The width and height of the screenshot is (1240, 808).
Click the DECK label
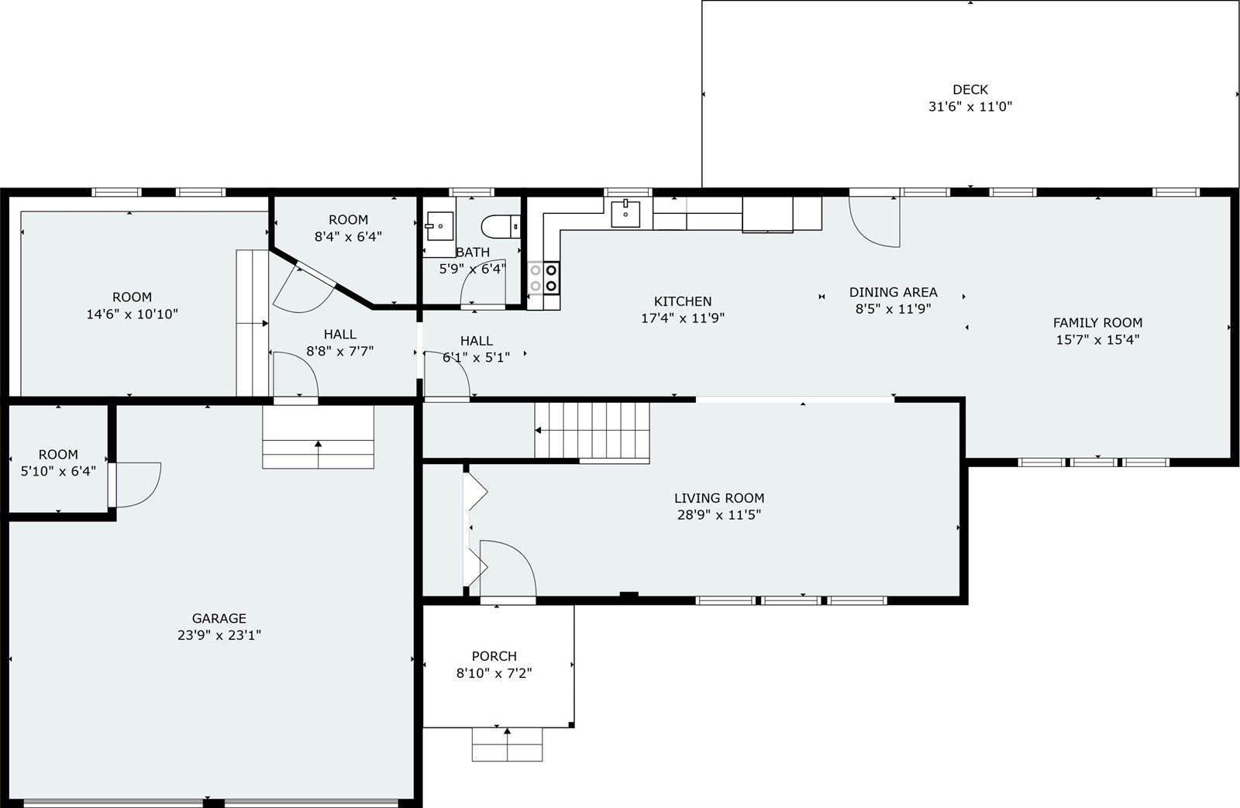click(x=970, y=90)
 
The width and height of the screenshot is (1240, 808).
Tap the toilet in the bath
click(x=498, y=226)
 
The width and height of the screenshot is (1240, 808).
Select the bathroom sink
click(x=439, y=226)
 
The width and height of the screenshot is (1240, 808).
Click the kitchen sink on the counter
click(x=625, y=212)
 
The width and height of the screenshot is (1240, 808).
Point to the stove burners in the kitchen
click(x=543, y=277)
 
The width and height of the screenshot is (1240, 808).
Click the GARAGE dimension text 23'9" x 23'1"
click(x=219, y=635)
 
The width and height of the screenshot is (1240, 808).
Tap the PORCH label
click(x=494, y=656)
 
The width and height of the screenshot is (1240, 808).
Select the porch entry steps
click(x=507, y=744)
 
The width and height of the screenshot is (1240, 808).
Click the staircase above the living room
click(x=592, y=432)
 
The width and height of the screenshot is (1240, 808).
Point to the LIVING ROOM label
click(x=718, y=498)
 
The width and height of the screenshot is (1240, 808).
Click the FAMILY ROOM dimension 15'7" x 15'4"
click(x=1097, y=339)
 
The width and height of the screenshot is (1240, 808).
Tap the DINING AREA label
click(x=893, y=292)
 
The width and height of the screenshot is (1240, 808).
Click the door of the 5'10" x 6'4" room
click(x=136, y=484)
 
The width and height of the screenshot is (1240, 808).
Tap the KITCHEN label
click(x=682, y=301)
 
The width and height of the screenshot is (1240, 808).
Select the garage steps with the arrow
click(x=319, y=438)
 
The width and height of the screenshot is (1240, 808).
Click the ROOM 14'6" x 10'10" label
click(x=132, y=297)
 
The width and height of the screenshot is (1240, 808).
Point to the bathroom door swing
click(x=483, y=284)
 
